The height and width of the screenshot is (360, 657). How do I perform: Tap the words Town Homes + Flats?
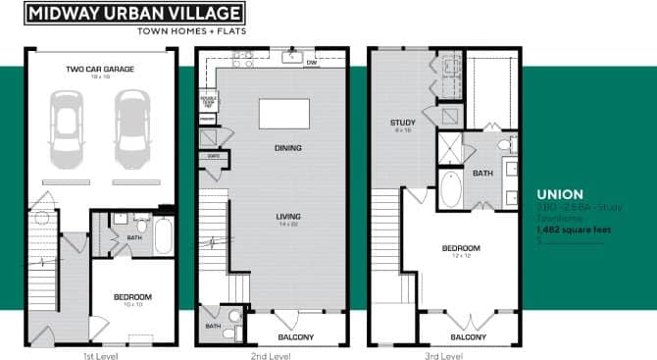[x=191, y=29]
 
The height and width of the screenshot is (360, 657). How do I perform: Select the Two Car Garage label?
[x=100, y=69]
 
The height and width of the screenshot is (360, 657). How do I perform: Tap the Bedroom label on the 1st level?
[x=131, y=297]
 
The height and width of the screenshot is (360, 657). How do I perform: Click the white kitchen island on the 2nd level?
[x=281, y=114]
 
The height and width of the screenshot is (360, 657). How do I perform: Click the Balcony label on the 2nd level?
[x=295, y=336]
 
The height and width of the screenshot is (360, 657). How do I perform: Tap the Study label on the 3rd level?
[x=403, y=123]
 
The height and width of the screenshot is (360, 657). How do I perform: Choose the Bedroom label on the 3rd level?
[x=460, y=247]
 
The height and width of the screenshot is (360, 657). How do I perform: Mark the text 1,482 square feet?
[x=573, y=231]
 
